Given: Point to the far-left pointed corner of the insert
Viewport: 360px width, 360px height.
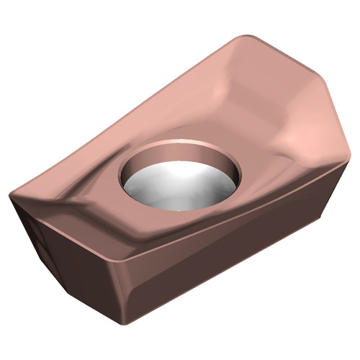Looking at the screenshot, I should pos(10,194).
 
